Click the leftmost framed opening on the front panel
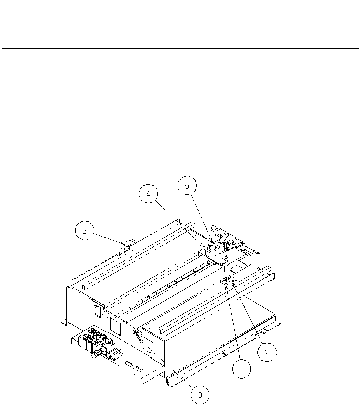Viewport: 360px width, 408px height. (x=97, y=311)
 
